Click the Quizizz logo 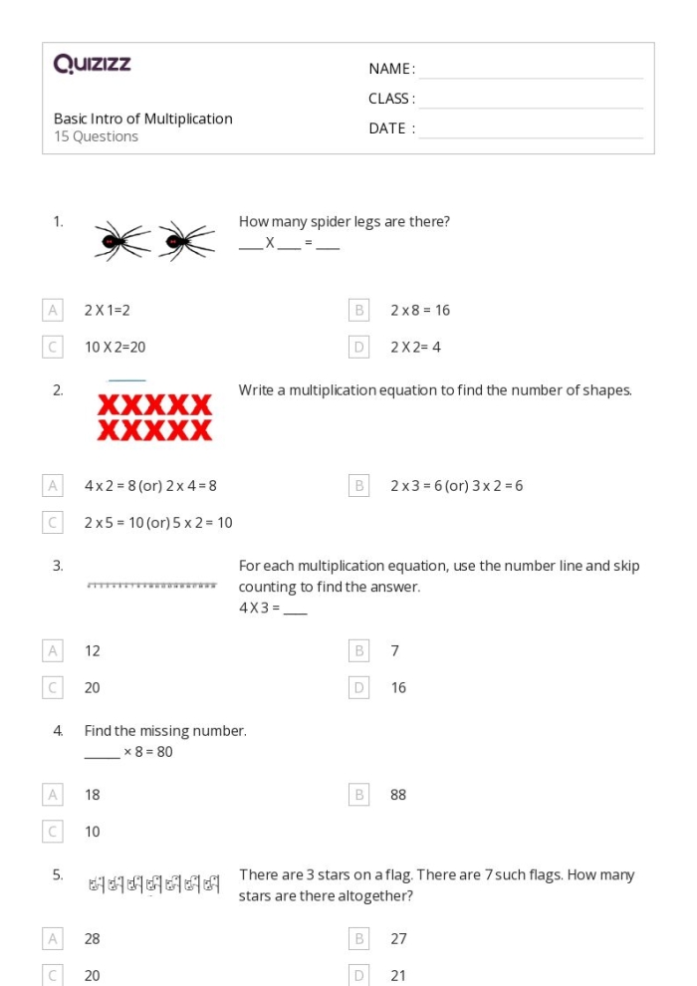(x=93, y=66)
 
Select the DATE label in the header (x=391, y=128)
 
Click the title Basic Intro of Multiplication (x=142, y=119)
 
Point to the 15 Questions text (x=96, y=137)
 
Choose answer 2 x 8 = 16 (x=419, y=310)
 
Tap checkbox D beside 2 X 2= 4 (x=359, y=348)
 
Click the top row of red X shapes (x=154, y=405)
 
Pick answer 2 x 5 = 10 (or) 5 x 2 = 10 (x=158, y=523)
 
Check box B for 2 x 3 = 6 (x=359, y=486)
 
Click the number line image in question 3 (x=151, y=585)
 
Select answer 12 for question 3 (x=93, y=650)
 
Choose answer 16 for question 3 (x=398, y=687)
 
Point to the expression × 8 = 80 (x=146, y=752)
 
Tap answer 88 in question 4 (x=398, y=795)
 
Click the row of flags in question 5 (x=153, y=882)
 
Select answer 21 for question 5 (x=398, y=976)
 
